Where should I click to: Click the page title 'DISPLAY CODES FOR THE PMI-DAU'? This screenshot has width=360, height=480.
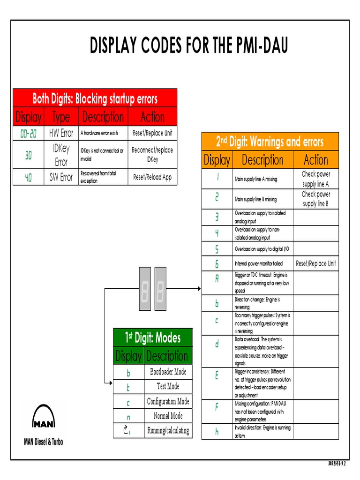tap(188, 46)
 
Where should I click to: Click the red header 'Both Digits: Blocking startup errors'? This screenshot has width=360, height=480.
tap(95, 99)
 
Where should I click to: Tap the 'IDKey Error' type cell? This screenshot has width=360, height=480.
tap(61, 155)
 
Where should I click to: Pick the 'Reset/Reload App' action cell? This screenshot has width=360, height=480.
tap(152, 177)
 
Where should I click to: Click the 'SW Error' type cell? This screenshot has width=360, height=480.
tap(61, 177)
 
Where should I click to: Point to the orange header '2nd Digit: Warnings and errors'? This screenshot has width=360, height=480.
tap(270, 142)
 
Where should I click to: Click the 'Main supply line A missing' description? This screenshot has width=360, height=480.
tap(256, 179)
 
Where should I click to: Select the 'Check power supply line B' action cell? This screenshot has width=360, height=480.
tap(315, 199)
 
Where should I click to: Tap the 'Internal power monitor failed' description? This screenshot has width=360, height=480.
tap(259, 264)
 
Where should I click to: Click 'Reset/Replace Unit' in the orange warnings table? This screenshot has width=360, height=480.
tap(315, 263)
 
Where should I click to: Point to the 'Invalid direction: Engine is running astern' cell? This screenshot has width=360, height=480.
tap(262, 431)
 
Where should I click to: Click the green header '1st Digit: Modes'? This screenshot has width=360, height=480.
tap(152, 337)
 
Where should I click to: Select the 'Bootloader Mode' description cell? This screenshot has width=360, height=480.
tap(168, 372)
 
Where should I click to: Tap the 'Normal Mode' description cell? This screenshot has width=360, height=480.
tap(168, 416)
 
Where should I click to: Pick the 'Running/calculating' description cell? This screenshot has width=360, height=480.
tap(168, 430)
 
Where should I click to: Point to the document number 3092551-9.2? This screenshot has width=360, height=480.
tap(340, 464)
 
